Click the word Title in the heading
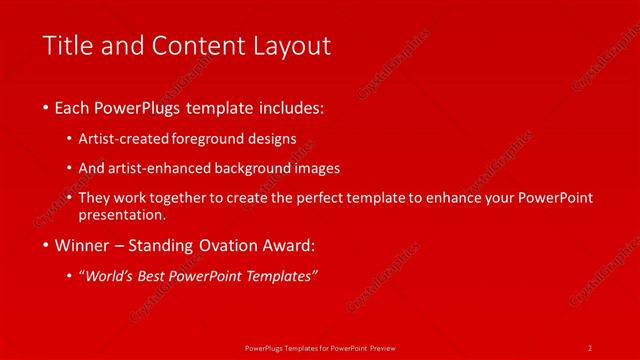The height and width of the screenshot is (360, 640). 66,45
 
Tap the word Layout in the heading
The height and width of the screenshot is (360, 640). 290,45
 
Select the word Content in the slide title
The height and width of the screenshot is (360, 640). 196,45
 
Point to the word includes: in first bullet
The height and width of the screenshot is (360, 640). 290,107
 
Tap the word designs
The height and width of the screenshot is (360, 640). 271,139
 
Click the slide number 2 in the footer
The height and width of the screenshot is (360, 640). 590,347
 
